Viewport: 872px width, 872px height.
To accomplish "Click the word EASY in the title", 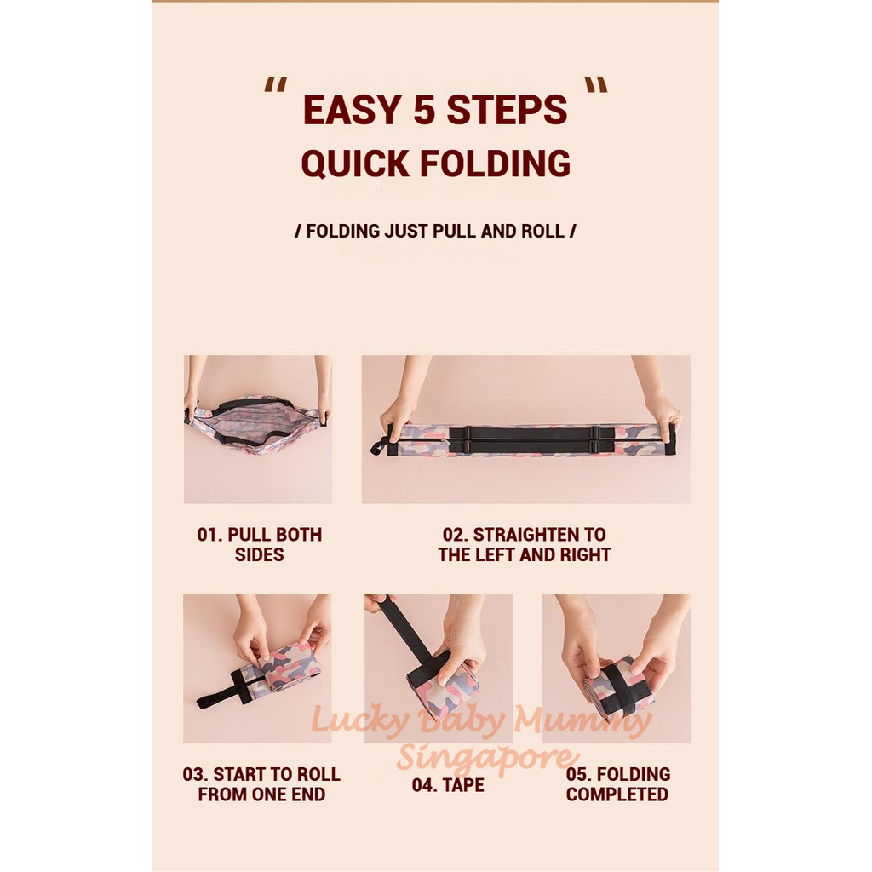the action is pyautogui.click(x=352, y=110).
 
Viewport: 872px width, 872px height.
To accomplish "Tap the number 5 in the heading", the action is pyautogui.click(x=424, y=110).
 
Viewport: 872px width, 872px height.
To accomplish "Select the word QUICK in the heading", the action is pyautogui.click(x=355, y=163).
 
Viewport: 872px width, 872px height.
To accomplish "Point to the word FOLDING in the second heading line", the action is pyautogui.click(x=495, y=163).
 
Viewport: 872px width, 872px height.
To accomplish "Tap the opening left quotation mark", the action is pyautogui.click(x=276, y=84).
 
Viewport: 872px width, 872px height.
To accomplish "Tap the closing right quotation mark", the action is pyautogui.click(x=595, y=84).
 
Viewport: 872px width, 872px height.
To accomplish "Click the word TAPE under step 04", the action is pyautogui.click(x=463, y=784).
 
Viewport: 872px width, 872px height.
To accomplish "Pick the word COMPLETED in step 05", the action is pyautogui.click(x=617, y=795).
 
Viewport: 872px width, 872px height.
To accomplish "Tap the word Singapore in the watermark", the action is pyautogui.click(x=485, y=757).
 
